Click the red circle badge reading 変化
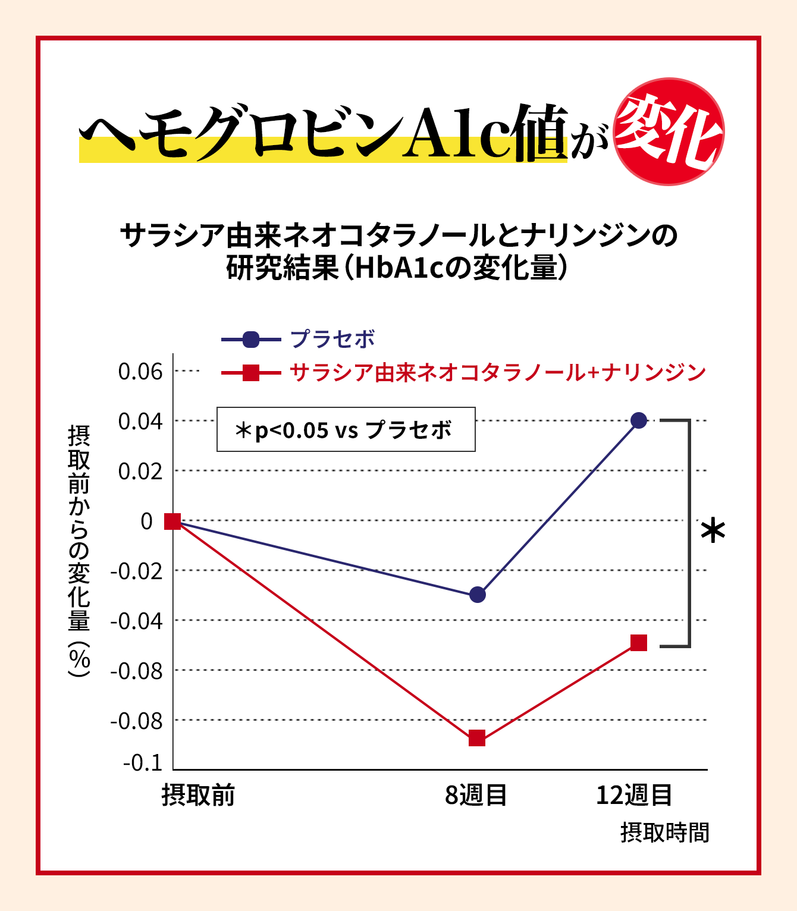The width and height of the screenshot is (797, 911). point(668,131)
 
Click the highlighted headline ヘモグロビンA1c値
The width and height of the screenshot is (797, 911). point(324,134)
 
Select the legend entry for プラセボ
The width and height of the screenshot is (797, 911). point(332,340)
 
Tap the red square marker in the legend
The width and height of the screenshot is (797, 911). point(251,373)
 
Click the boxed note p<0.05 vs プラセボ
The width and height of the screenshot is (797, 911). point(346,429)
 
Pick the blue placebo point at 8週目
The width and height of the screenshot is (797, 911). point(478,594)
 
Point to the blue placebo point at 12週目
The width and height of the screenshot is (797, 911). point(639,420)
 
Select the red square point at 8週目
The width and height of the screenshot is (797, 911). point(477,739)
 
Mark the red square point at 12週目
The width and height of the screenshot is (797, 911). point(639,643)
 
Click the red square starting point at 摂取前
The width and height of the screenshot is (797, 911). point(172,522)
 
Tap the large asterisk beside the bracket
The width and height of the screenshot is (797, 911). point(713,531)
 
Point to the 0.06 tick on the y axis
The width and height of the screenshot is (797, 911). point(140,372)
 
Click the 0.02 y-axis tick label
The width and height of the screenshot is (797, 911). point(140,472)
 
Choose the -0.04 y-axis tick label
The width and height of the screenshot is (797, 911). point(137,621)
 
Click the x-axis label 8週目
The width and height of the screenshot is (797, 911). point(476,795)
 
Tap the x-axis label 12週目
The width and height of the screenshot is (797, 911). point(634,795)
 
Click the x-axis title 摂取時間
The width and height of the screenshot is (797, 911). point(665,833)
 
